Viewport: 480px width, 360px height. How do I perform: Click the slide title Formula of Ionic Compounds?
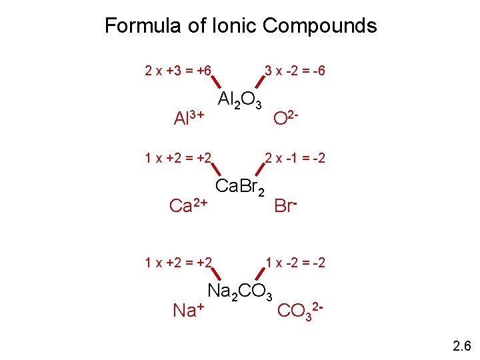point(241,26)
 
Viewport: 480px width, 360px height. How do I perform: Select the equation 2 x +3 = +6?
point(178,70)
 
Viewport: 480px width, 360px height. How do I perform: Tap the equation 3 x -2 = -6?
point(295,70)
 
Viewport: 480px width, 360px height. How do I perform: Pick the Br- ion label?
point(285,205)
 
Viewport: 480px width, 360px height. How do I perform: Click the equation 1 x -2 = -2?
point(295,263)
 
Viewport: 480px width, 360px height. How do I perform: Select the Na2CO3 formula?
point(240,291)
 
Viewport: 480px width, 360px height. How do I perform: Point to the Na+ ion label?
point(188,309)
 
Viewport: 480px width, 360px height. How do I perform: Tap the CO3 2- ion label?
point(300,310)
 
